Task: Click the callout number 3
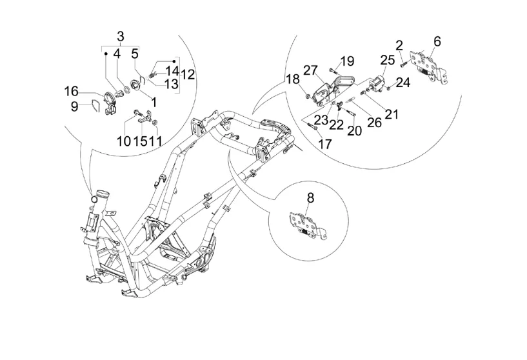(x=121, y=36)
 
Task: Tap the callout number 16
(x=71, y=92)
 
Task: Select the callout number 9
(x=75, y=106)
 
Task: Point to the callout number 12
(x=188, y=74)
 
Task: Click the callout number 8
(x=310, y=198)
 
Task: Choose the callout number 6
(x=437, y=41)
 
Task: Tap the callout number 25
(x=388, y=60)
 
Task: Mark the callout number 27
(x=310, y=70)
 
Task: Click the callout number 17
(x=324, y=145)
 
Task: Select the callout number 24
(x=403, y=83)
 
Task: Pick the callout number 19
(x=347, y=61)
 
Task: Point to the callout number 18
(x=293, y=79)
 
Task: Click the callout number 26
(x=374, y=123)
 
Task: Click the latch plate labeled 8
(x=308, y=226)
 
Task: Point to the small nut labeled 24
(x=388, y=89)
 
